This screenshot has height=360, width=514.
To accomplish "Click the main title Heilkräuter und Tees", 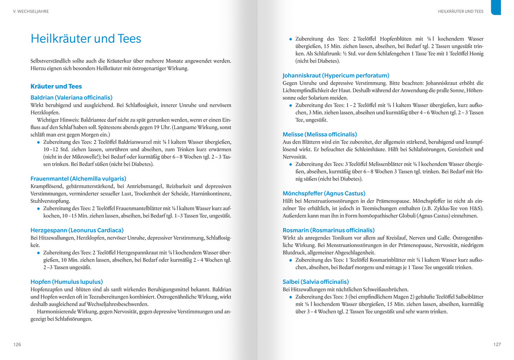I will click(x=86, y=39).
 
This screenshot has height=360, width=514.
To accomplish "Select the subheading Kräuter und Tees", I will click(x=56, y=86).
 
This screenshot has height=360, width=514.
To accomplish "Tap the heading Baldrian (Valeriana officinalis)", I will click(x=71, y=97).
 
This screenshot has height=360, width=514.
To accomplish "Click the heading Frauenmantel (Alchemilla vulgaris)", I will click(x=78, y=178).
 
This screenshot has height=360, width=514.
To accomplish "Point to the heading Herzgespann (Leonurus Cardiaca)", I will click(x=77, y=230).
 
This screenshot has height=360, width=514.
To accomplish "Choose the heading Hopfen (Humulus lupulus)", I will click(x=67, y=281).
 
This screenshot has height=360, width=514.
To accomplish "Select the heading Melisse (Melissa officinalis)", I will click(x=319, y=135).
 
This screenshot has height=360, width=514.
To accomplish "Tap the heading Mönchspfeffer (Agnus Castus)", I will click(x=324, y=193).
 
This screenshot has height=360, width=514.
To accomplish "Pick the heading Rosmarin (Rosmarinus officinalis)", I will click(x=328, y=230).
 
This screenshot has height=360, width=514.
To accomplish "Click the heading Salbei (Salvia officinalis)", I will click(x=315, y=282).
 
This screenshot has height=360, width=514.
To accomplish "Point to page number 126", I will click(x=17, y=344).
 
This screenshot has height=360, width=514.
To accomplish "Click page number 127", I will click(x=497, y=344).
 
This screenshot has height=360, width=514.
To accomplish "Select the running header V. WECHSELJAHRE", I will click(x=31, y=11).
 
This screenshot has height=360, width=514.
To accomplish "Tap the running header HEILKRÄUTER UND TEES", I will click(x=460, y=11).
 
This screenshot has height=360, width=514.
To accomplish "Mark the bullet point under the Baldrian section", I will click(x=39, y=142).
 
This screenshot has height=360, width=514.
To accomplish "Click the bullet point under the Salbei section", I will click(x=291, y=297).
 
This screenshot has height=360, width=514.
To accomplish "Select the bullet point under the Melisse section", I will click(x=291, y=164).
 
